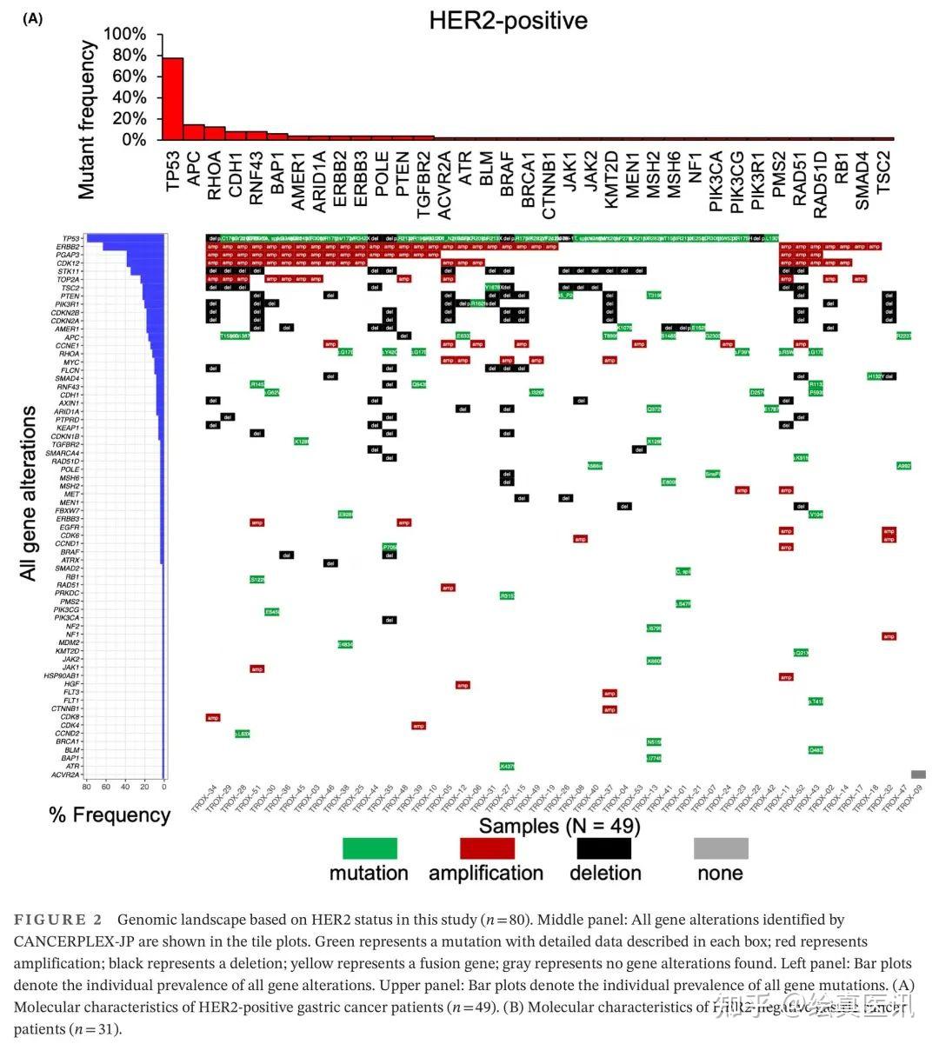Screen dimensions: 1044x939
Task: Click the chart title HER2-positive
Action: (x=508, y=21)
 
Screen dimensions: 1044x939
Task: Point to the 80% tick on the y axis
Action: (x=126, y=55)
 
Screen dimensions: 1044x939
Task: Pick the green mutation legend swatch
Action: (x=370, y=848)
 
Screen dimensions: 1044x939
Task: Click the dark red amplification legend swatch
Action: (x=487, y=848)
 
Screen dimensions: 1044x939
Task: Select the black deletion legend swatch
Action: (x=604, y=848)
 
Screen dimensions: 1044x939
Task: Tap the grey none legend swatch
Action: (x=721, y=848)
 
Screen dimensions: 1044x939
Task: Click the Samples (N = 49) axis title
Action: (x=559, y=825)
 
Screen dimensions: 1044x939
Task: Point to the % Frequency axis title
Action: (x=110, y=815)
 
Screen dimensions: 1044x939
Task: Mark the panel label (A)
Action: (x=33, y=18)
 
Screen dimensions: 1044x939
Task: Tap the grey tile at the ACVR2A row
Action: (x=918, y=775)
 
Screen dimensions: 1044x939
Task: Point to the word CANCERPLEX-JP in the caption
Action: (x=69, y=941)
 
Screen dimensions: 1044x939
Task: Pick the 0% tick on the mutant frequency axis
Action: (x=132, y=139)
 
